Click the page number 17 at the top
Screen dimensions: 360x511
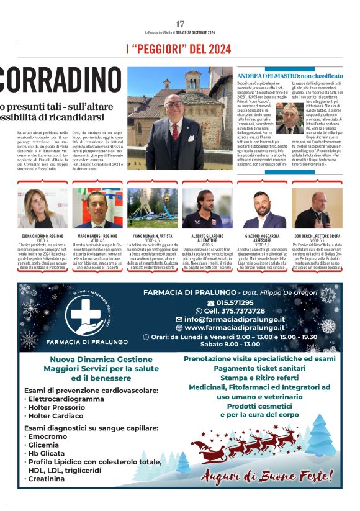pos(180,24)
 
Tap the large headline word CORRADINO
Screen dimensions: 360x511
pos(52,79)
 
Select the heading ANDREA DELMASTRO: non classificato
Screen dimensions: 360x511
pos(289,75)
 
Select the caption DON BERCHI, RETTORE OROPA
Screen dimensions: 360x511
pos(317,237)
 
